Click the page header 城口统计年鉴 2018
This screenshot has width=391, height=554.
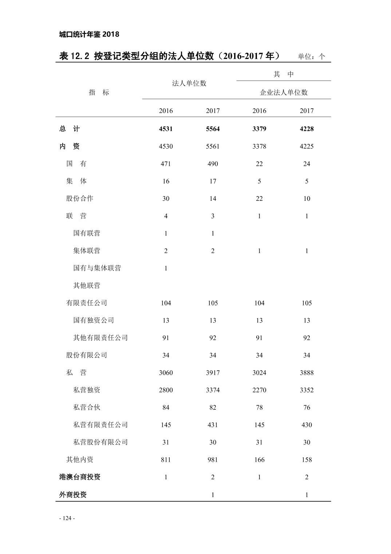point(89,34)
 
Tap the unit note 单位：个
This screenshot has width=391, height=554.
point(311,56)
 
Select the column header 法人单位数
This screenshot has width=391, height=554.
point(189,83)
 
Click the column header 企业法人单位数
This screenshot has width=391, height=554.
point(284,93)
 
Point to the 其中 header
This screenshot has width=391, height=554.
point(284,74)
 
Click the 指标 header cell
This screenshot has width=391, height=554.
point(99,93)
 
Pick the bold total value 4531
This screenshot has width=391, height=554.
point(166,129)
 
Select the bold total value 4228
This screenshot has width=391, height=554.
point(307,129)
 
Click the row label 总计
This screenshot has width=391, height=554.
point(69,129)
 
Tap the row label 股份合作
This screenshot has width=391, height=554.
point(80,199)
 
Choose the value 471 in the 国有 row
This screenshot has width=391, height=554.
point(166,164)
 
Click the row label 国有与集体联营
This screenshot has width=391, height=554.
point(97,268)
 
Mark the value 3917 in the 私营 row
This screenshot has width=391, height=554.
point(213,372)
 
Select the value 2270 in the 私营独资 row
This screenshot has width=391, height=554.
point(259,390)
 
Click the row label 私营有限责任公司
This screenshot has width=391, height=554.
point(100,425)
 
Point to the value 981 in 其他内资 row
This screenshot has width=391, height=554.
point(213,460)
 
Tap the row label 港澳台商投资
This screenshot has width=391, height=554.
point(80,477)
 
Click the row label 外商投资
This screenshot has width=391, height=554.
point(73,495)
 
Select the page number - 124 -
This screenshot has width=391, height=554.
point(67,518)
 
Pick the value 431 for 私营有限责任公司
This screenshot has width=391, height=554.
point(213,425)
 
